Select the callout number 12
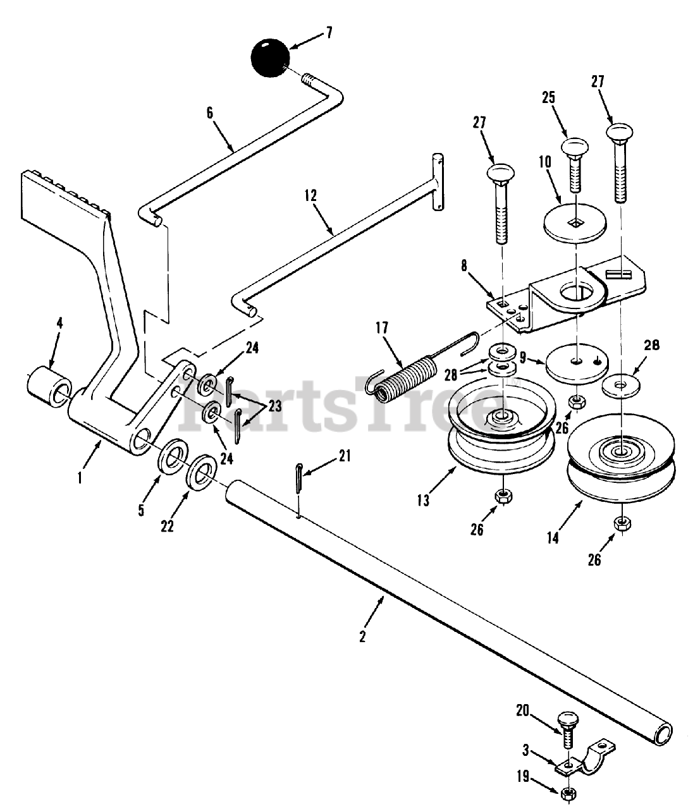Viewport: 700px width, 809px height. (x=311, y=195)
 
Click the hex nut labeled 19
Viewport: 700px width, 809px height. (x=567, y=792)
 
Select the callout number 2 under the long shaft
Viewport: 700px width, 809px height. (x=362, y=636)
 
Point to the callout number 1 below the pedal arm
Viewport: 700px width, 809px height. (x=80, y=478)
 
